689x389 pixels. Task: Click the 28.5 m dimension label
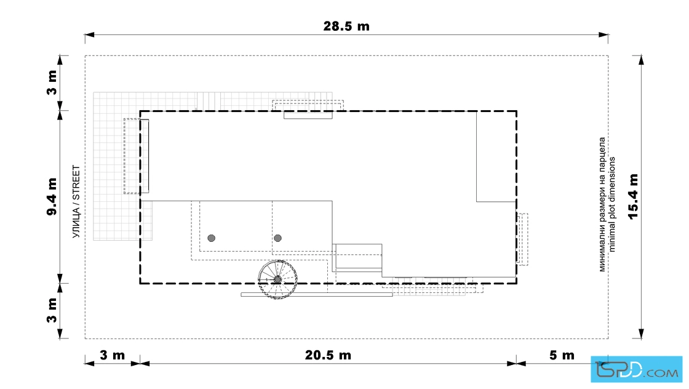point(346,26)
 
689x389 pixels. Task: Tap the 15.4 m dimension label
point(633,196)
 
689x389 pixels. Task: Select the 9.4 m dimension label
point(52,196)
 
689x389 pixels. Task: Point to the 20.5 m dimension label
point(329,355)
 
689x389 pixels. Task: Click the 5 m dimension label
point(562,355)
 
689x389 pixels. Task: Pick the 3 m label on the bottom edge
point(113,355)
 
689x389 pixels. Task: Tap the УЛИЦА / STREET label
point(76,202)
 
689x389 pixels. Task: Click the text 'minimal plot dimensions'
point(612,204)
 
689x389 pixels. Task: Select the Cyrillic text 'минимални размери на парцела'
point(602,204)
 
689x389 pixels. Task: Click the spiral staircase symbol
point(277,279)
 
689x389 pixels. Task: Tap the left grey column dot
point(212,238)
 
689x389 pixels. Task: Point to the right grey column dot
point(277,238)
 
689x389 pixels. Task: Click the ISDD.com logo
point(636,369)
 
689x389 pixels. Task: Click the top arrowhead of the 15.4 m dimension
point(641,60)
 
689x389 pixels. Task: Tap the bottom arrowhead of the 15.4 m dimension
point(641,334)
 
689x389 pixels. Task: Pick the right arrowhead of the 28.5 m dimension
point(603,34)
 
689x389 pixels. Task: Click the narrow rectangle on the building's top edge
point(308,115)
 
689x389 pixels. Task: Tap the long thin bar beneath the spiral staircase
point(317,294)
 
